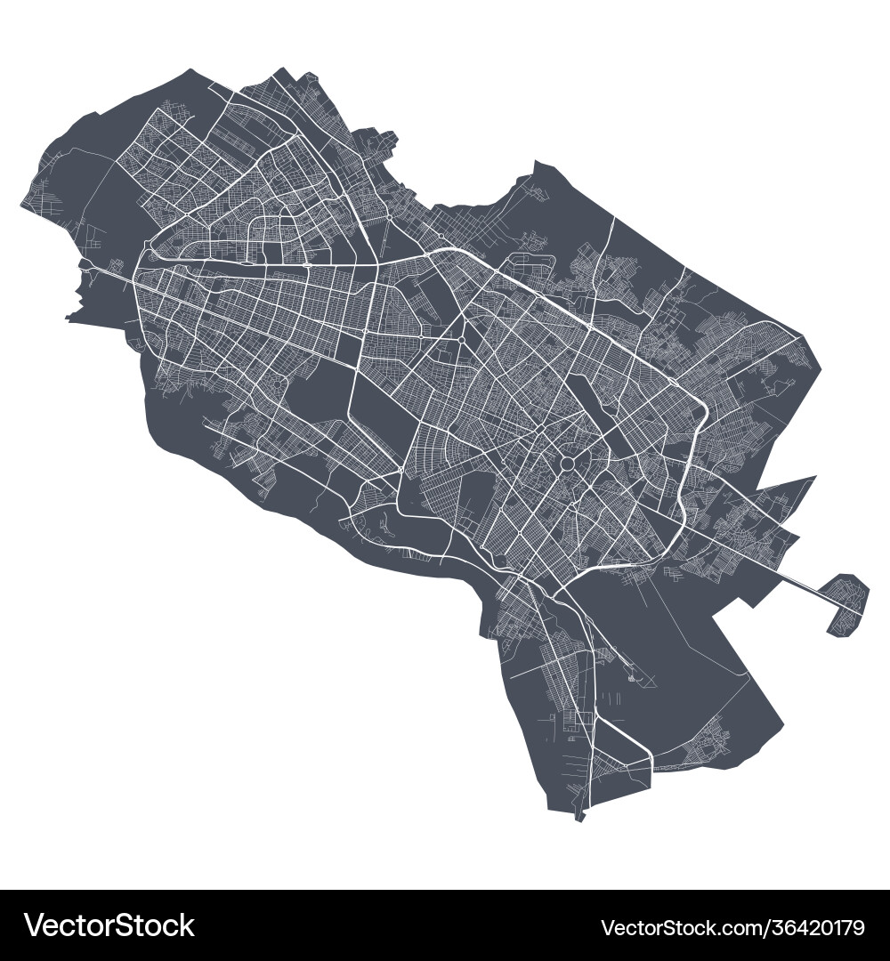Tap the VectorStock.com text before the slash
(671, 927)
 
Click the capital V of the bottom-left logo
(36, 926)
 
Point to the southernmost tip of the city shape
(579, 818)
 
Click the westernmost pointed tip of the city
(21, 205)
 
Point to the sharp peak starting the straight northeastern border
(535, 162)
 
